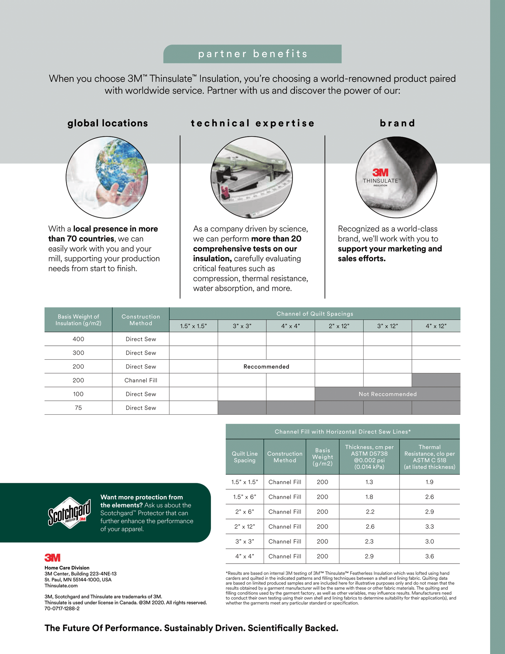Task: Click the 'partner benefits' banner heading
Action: pos(252,54)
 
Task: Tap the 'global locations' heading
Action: pos(108,123)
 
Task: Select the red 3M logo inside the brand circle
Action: pos(380,172)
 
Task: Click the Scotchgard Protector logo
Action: pos(69,513)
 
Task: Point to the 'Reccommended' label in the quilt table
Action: pos(266,367)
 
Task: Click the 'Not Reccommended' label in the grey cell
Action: pos(388,394)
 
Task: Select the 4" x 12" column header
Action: pos(436,326)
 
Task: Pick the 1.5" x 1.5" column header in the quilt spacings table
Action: pos(193,326)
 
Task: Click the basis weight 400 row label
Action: pos(78,339)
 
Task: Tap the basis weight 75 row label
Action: pos(78,408)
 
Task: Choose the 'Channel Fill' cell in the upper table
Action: pos(141,380)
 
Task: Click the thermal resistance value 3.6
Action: pos(429,556)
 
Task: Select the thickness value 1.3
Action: pos(369,482)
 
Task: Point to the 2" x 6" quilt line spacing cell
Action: pos(245,512)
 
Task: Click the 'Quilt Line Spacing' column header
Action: pos(245,457)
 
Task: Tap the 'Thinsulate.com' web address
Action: pos(61,586)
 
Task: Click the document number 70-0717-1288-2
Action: pos(62,609)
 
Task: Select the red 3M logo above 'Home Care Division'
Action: pos(52,558)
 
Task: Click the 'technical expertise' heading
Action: pos(252,123)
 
